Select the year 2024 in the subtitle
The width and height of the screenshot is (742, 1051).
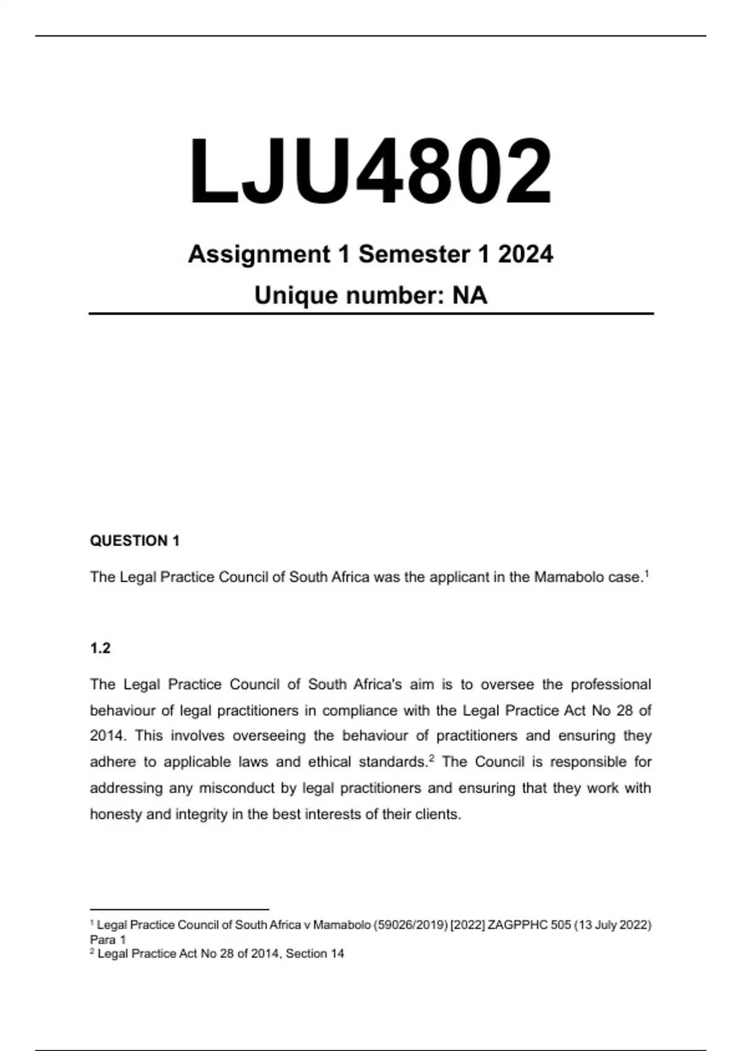click(x=526, y=254)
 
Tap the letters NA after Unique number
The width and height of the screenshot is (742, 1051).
click(x=470, y=296)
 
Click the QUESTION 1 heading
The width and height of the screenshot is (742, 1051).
click(x=135, y=541)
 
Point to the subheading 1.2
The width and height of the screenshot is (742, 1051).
click(x=100, y=648)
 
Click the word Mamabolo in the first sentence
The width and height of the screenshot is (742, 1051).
click(x=562, y=577)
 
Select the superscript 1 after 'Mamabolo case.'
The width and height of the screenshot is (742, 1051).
click(x=646, y=574)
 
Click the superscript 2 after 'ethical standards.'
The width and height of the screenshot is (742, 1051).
click(x=432, y=758)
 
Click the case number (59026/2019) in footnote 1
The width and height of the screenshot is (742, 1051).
click(x=411, y=925)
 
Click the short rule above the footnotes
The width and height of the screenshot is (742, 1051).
click(x=179, y=909)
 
